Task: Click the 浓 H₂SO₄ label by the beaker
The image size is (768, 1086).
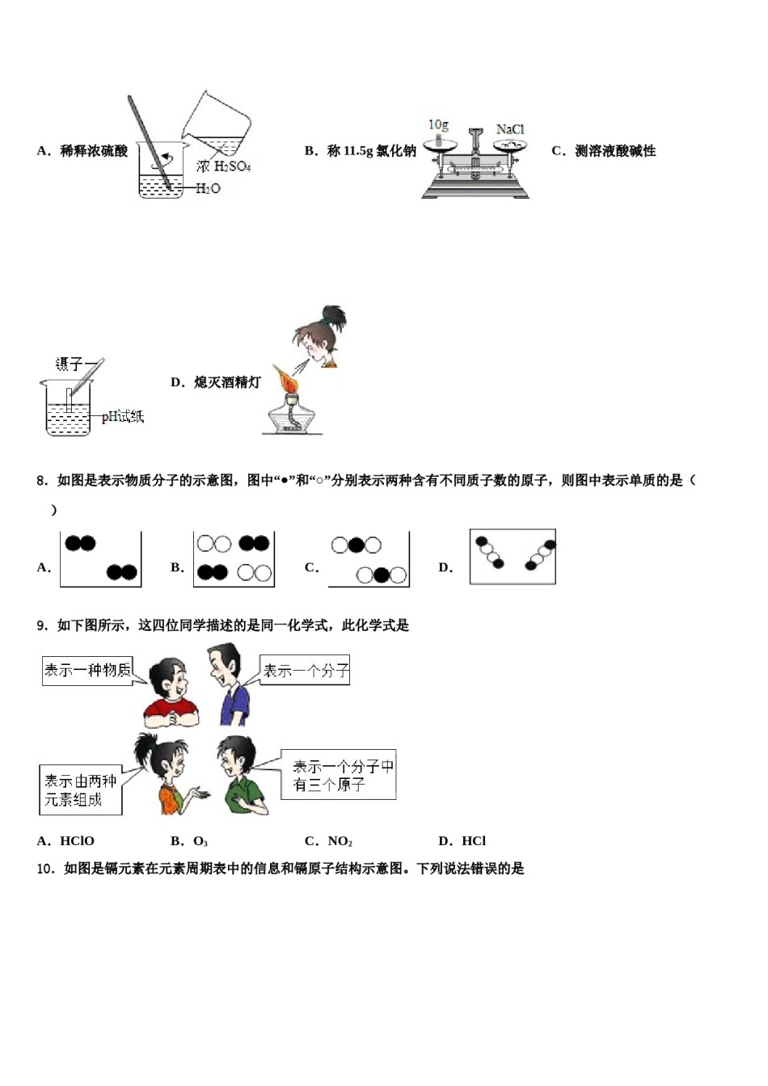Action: pos(223,166)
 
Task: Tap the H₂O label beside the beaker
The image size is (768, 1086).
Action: pos(208,188)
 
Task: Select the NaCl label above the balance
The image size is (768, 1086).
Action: pos(510,129)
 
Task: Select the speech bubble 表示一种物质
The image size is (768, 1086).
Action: pos(87,670)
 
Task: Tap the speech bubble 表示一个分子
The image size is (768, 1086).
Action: pos(306,671)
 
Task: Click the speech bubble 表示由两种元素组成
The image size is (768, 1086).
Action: pos(80,790)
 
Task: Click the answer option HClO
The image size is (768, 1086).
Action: pos(77,841)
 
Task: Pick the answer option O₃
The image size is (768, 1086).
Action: pos(200,841)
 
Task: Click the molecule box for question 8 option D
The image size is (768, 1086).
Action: pos(513,557)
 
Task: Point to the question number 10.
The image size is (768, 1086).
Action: pos(45,869)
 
